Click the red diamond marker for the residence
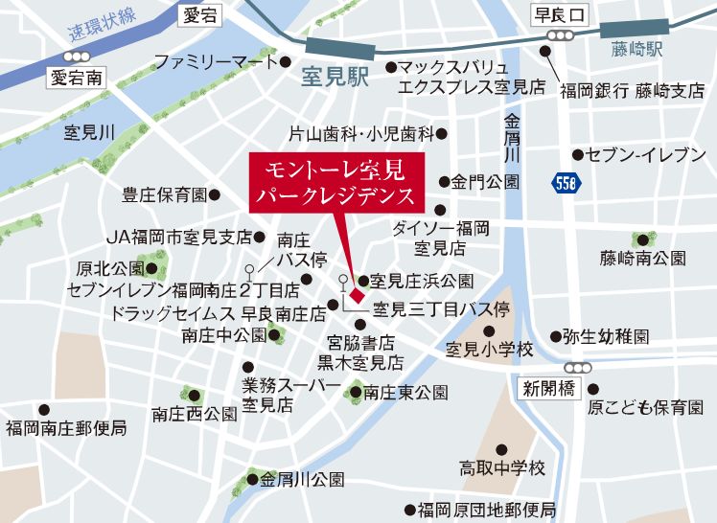click(353, 281)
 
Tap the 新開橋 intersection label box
click(548, 389)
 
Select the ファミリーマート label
click(215, 63)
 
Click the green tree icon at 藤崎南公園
click(640, 240)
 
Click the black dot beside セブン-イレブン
click(577, 154)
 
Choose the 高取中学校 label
click(501, 469)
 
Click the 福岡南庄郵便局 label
click(65, 428)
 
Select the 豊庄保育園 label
click(164, 194)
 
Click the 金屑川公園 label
click(301, 479)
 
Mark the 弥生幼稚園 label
click(606, 337)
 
